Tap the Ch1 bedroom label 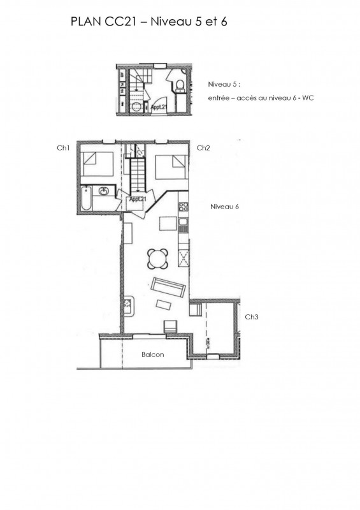click(x=64, y=148)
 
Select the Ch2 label click(x=203, y=148)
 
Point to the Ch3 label click(x=252, y=317)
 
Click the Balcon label click(x=152, y=354)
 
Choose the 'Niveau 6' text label click(x=224, y=207)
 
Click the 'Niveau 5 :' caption click(x=224, y=84)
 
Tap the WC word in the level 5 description click(x=308, y=98)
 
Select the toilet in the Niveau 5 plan click(x=179, y=85)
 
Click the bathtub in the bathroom click(x=86, y=198)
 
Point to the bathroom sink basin click(x=104, y=191)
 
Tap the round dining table click(x=158, y=259)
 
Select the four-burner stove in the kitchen click(x=183, y=206)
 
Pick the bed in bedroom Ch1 click(x=97, y=164)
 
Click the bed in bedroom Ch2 click(x=171, y=167)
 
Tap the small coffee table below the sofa click(x=164, y=305)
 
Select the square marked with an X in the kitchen click(x=184, y=259)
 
